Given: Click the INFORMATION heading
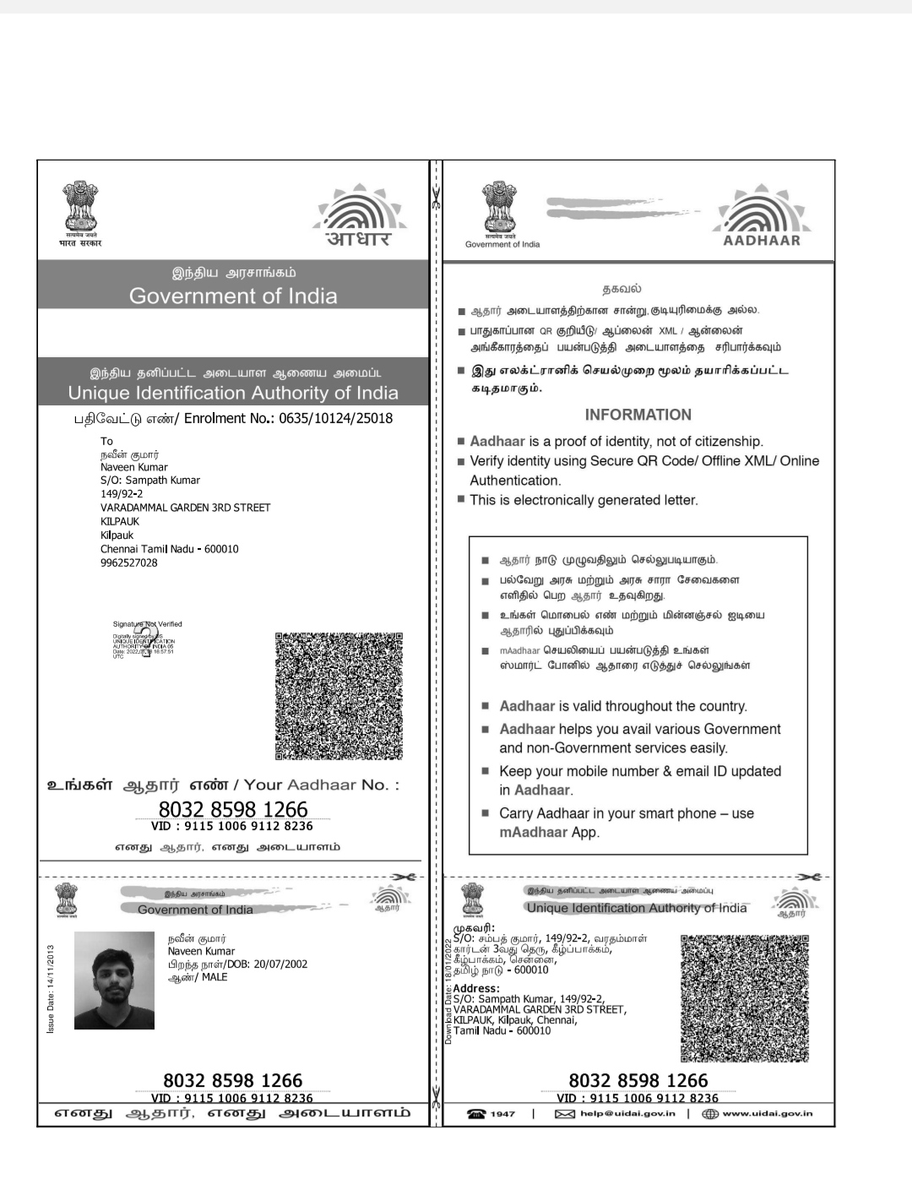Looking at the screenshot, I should click(638, 415).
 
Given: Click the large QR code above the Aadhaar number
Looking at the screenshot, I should click(339, 695).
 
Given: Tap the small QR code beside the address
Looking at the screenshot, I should click(745, 997).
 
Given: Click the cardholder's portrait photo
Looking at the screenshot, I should click(114, 980).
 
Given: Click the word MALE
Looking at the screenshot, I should click(214, 977).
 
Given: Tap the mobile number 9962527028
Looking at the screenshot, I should click(128, 562).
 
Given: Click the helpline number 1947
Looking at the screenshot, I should click(502, 1114).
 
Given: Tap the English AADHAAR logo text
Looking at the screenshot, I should click(762, 240).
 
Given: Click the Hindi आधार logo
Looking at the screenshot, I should click(358, 238).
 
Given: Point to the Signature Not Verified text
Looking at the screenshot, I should click(147, 624).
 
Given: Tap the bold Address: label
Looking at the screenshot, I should click(475, 988).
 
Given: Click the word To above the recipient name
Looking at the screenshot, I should click(106, 441).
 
